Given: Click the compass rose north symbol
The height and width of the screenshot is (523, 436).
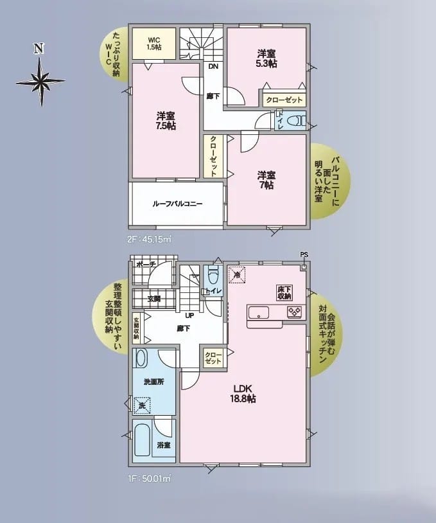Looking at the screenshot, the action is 40,81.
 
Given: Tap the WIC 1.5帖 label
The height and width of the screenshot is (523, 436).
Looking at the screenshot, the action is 154,44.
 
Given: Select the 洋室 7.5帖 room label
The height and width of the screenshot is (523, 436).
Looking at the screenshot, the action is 166,121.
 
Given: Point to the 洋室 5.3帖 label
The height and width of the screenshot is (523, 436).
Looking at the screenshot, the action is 266,58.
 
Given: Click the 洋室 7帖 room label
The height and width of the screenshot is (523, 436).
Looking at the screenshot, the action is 266,180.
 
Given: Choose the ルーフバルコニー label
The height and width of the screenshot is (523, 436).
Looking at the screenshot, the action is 177,204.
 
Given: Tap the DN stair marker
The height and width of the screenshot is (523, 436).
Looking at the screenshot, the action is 213,66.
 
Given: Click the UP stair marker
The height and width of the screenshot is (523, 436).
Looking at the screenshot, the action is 189,315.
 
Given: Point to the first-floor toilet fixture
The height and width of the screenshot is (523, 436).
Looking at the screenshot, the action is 213,274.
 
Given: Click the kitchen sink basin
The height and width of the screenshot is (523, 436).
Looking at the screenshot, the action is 259,312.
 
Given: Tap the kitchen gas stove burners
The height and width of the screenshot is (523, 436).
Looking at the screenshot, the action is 295,312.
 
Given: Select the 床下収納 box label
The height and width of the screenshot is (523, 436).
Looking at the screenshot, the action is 284,292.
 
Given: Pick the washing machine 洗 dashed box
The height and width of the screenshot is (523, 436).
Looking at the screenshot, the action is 143,405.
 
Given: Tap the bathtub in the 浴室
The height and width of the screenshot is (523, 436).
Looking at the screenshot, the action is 143,440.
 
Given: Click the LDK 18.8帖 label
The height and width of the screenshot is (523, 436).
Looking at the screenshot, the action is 243,394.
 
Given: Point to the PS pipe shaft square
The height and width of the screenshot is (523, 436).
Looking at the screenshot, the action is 303,267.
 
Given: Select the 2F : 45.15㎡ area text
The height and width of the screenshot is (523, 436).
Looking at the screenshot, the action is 150,240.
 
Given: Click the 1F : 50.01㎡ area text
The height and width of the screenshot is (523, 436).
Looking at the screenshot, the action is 150,479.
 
